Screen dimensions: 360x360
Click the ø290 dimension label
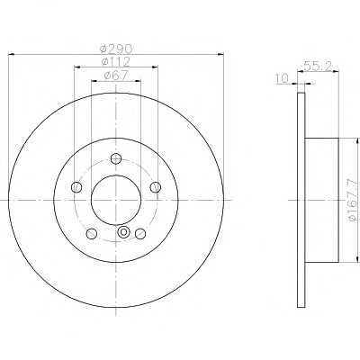pos(116,48)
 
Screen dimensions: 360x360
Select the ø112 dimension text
pos(116,61)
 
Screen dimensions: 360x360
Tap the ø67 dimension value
pos(116,76)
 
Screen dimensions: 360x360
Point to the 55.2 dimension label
pos(318,66)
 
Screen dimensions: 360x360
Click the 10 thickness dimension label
pos(282,78)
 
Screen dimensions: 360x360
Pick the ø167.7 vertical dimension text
pos(354,199)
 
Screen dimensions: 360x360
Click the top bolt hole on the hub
pos(116,158)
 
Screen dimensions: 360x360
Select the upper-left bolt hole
pos(76,187)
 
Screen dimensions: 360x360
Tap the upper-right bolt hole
pos(155,187)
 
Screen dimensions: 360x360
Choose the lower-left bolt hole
pos(92,234)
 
